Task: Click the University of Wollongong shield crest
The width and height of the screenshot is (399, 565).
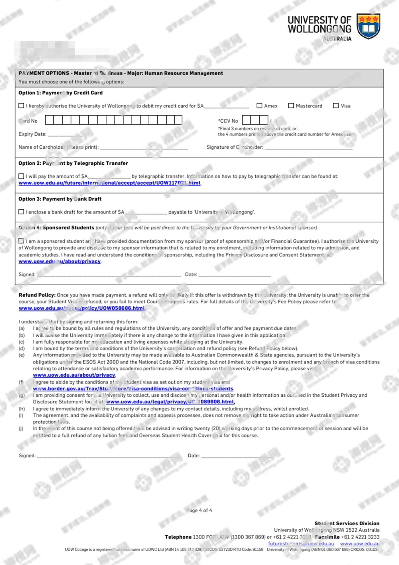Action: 368,26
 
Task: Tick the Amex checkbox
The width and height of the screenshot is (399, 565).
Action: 259,106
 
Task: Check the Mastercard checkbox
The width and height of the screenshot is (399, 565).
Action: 291,106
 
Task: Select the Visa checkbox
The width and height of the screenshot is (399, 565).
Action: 336,106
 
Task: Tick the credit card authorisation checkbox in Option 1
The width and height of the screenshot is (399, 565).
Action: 21,106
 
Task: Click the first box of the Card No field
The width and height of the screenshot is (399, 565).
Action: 49,120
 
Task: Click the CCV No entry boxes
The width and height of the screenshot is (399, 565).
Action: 255,120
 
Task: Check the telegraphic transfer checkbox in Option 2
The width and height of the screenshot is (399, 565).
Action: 21,176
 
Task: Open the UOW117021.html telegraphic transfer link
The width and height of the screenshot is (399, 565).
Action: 109,183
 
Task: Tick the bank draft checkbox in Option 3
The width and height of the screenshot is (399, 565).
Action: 21,212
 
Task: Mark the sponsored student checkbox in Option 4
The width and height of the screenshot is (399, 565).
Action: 21,241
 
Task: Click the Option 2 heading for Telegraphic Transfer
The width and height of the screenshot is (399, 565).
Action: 73,163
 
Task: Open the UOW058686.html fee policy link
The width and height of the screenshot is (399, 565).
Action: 82,308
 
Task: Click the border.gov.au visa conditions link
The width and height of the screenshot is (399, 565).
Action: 133,389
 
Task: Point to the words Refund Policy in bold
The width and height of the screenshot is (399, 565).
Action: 37,295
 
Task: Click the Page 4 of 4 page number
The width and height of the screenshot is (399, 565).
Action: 199,510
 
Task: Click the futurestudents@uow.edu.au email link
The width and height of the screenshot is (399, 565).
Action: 301,544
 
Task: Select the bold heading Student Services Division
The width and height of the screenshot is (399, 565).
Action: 347,523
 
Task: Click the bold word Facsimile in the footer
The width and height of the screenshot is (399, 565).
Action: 327,537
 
